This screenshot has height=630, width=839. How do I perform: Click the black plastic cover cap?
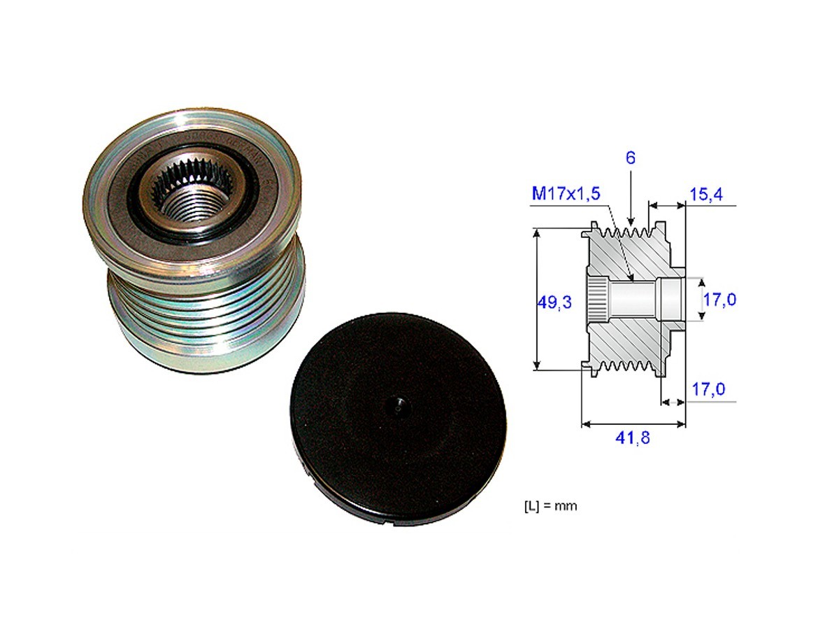[398, 420]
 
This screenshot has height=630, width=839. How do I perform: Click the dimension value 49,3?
[554, 302]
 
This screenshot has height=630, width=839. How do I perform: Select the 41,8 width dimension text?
[633, 439]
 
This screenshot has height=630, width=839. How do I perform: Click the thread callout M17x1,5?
[566, 194]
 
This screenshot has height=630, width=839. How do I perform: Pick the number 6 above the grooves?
[630, 158]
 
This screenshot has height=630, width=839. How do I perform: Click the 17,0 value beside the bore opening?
[719, 300]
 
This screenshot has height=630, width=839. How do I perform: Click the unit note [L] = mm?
[550, 505]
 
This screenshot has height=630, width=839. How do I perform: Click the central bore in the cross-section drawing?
[633, 299]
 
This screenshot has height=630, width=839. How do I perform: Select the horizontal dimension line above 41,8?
[633, 423]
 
